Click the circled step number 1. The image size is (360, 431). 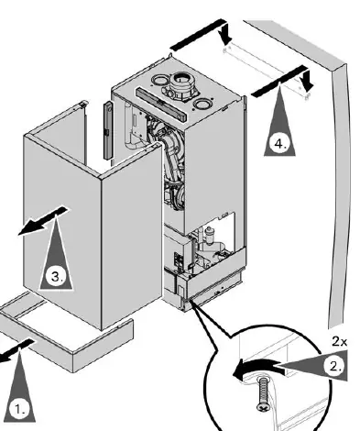pyautogui.click(x=19, y=409)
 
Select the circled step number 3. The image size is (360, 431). pyautogui.click(x=57, y=276)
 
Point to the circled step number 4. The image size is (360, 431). pyautogui.click(x=279, y=143)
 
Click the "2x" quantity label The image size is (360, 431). pyautogui.click(x=339, y=341)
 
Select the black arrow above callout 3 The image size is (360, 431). pyautogui.click(x=43, y=221)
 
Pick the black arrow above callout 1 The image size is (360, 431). pyautogui.click(x=16, y=351)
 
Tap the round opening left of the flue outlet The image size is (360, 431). pyautogui.click(x=158, y=81)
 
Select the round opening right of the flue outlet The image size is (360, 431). pyautogui.click(x=202, y=105)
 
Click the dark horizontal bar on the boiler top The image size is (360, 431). pyautogui.click(x=161, y=104)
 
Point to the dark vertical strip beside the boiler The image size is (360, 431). pyautogui.click(x=108, y=130)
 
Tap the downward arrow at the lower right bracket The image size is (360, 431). pyautogui.click(x=306, y=79)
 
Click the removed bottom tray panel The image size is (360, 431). pyautogui.click(x=66, y=331)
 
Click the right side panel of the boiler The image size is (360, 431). pyautogui.click(x=213, y=171)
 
